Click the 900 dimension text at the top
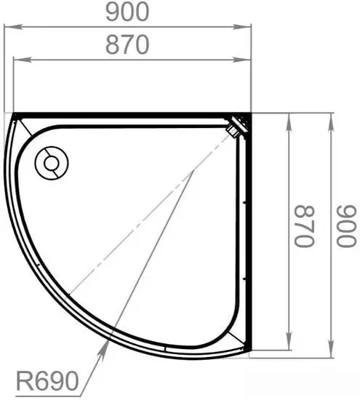(x=128, y=12)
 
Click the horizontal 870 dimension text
(x=128, y=45)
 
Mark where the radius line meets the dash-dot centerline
(x=193, y=172)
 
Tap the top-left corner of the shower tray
(x=16, y=114)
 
